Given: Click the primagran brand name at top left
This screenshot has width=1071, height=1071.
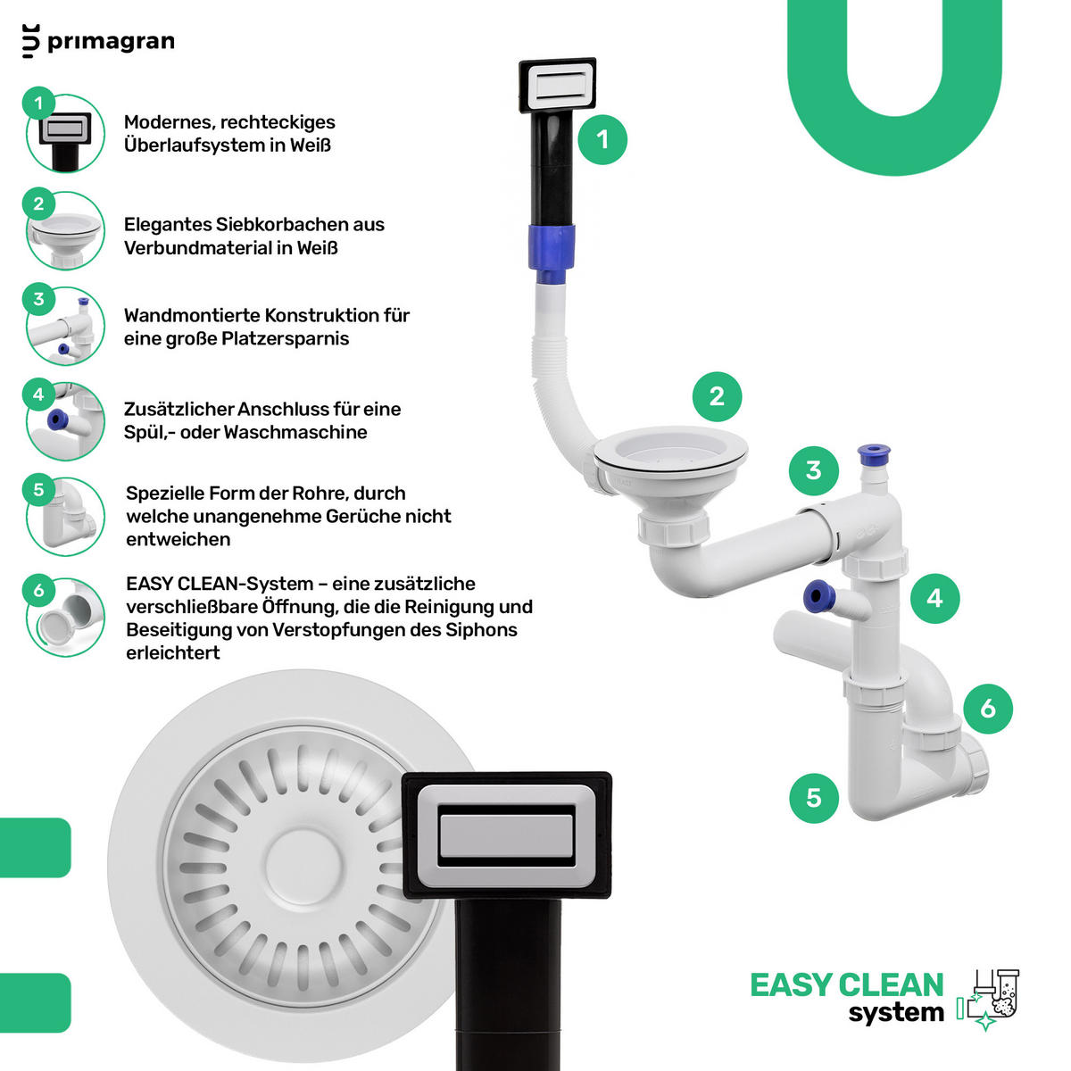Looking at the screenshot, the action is pos(111,42).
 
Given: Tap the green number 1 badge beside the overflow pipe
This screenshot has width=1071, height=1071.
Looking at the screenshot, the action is pos(602,139).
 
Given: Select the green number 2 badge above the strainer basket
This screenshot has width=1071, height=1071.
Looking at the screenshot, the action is pos(717,396).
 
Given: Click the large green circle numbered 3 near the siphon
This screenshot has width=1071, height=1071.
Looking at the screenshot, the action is pos(814,470).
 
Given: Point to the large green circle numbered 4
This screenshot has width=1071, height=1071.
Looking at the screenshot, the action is pos(934,598).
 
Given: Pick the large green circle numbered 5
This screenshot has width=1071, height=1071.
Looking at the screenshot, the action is pos(814,798).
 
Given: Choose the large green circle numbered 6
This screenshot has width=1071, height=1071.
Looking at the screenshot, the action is pos(988,709).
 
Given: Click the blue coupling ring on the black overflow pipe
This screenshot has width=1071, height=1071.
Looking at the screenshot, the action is pos(552,248).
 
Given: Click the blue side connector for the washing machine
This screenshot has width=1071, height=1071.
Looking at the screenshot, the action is pos(818,596).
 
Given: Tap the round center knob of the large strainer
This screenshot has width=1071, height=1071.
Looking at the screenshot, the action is pos(303,866).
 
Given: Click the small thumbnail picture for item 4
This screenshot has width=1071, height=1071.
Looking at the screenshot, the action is pos(65,421).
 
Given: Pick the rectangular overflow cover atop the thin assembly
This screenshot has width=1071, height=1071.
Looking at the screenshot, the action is pos(558,85).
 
